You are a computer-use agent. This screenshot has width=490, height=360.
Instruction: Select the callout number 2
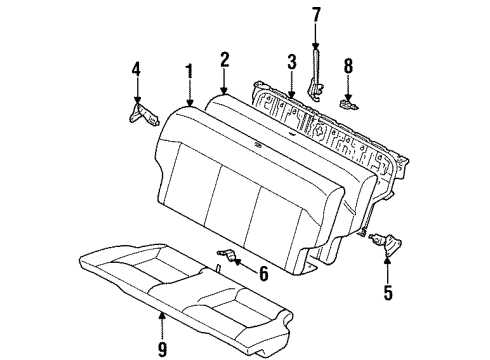(225, 59)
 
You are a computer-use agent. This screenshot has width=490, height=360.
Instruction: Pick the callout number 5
(389, 294)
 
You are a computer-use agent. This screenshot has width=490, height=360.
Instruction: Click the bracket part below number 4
(141, 112)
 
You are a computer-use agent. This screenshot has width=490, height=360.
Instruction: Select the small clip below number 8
(348, 101)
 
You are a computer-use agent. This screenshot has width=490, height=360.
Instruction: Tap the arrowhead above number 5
(387, 261)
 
